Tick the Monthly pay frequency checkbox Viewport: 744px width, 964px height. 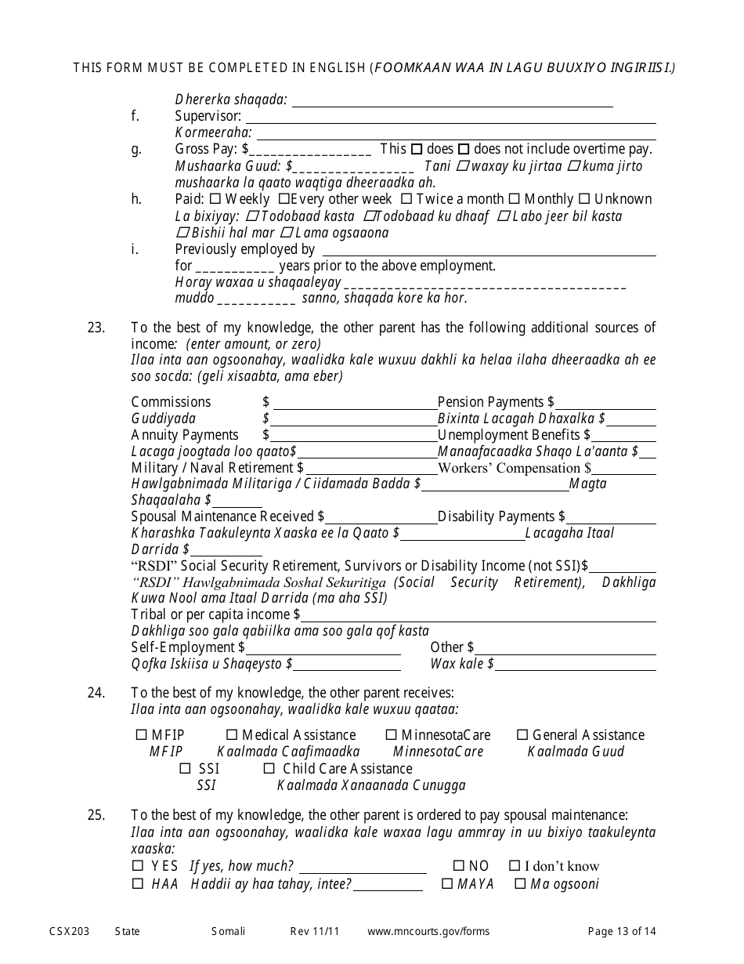[515, 199]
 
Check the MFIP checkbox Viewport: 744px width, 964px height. [141, 735]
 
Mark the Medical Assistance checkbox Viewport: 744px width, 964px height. [232, 735]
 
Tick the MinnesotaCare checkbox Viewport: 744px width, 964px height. [392, 735]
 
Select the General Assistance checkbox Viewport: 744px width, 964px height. [522, 735]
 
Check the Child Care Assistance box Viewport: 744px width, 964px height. [269, 769]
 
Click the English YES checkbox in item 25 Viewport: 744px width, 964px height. [138, 866]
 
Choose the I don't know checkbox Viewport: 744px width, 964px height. [515, 866]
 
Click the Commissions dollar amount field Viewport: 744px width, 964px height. [354, 403]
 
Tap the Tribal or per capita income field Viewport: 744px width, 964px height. [478, 615]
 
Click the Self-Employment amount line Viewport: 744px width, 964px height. [323, 648]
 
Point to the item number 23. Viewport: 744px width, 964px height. [96, 328]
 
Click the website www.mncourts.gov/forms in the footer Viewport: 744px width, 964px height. [428, 931]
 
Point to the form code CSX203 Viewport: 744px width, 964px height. [69, 931]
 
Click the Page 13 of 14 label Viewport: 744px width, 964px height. [622, 931]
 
